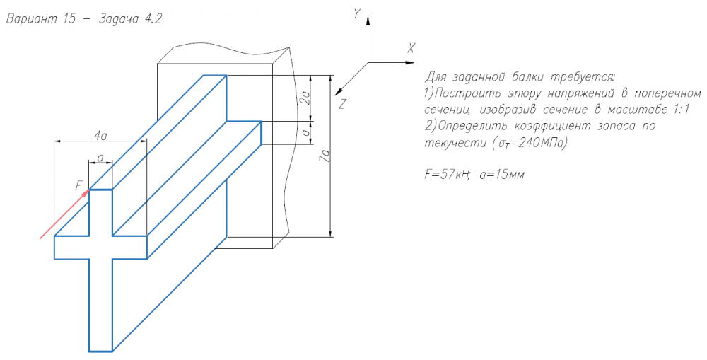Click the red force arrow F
(64, 214)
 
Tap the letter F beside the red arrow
(79, 185)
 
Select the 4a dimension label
(100, 135)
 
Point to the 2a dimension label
(306, 98)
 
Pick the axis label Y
(357, 15)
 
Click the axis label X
(410, 48)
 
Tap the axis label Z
(342, 104)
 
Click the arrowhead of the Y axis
(368, 20)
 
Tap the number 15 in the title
(70, 19)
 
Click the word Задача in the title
(119, 20)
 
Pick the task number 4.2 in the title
(153, 19)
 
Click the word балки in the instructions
(528, 76)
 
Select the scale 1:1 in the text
(679, 110)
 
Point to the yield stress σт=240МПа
(527, 143)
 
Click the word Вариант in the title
(32, 20)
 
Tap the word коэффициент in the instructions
(554, 127)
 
